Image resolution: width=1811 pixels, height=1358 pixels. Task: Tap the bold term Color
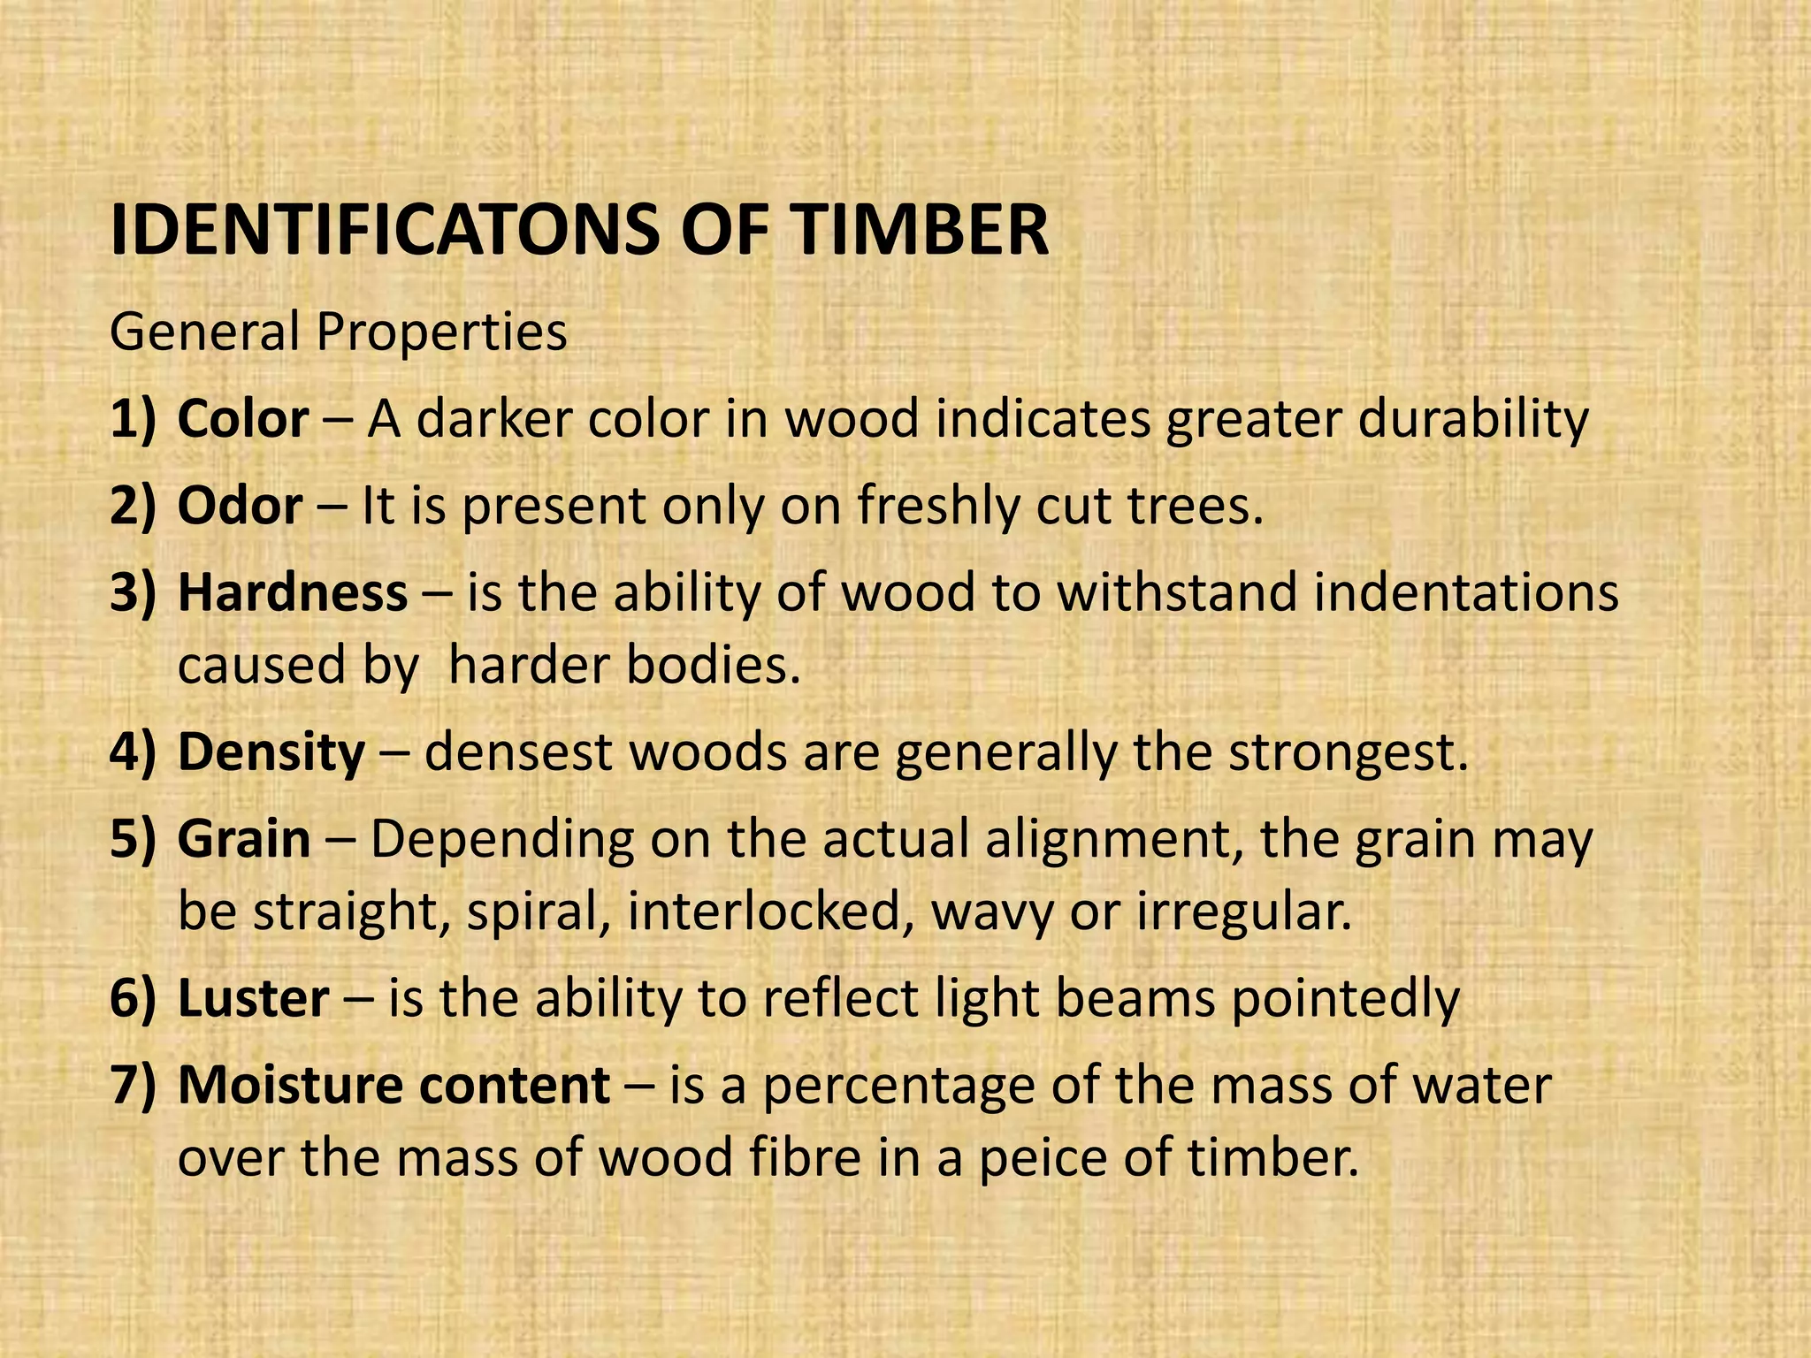[x=243, y=419]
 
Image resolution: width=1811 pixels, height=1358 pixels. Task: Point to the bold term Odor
[x=240, y=507]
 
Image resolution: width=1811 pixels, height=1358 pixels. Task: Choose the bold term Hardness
[x=293, y=593]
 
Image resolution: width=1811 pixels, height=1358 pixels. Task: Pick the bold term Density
[x=271, y=752]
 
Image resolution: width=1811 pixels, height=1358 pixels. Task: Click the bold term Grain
[x=244, y=840]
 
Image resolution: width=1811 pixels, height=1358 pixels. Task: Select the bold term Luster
[x=253, y=998]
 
